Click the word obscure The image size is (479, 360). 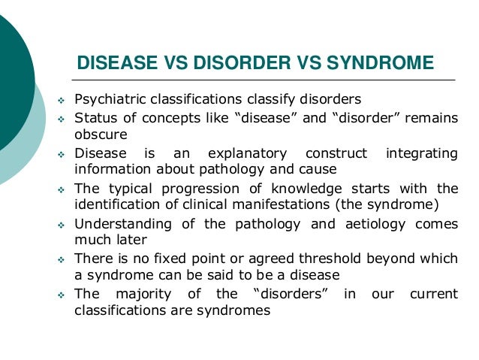click(101, 135)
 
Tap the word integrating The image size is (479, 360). click(421, 153)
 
